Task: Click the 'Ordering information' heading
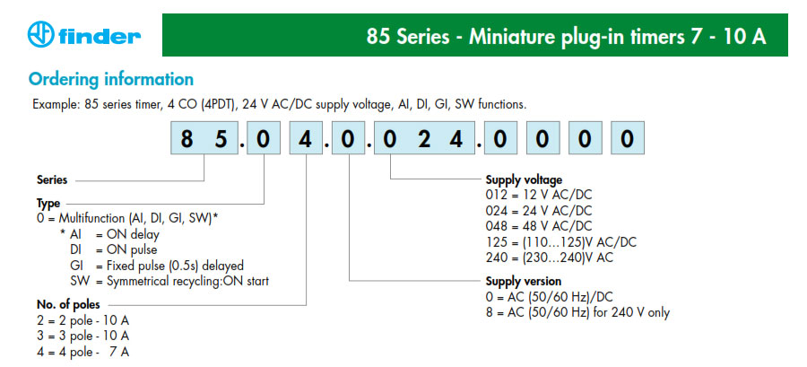(x=111, y=79)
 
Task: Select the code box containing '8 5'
(x=204, y=138)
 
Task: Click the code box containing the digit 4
(x=307, y=138)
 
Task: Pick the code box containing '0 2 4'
(x=424, y=138)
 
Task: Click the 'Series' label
(x=52, y=180)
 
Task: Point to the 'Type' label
(x=48, y=203)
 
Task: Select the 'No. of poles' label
(x=68, y=303)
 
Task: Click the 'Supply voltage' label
(x=524, y=179)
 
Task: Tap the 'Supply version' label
(x=524, y=281)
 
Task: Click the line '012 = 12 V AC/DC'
(x=538, y=195)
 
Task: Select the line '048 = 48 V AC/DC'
(x=539, y=226)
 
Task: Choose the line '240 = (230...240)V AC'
(x=550, y=258)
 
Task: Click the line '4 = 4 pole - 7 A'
(x=82, y=352)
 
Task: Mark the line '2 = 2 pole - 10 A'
(x=82, y=320)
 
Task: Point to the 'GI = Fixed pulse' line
(x=157, y=266)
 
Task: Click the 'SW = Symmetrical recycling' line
(x=169, y=282)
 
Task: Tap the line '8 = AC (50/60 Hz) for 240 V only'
(x=578, y=312)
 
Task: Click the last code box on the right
(x=628, y=138)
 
